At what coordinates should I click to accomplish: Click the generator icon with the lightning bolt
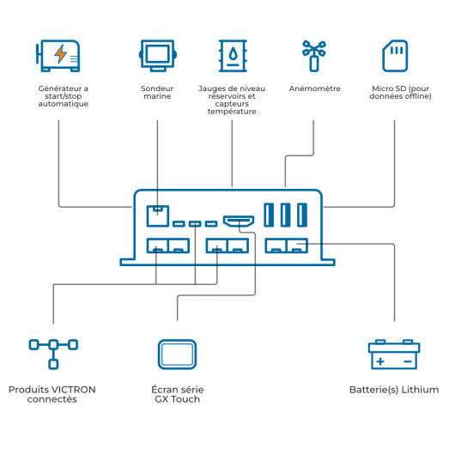coord(58,56)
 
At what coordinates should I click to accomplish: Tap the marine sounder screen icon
coord(158,56)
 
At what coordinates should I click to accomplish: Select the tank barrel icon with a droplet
coord(233,56)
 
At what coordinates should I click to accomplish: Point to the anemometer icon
coord(314,56)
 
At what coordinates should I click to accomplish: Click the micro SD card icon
coord(395,56)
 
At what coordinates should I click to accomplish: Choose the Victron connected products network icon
coord(53,354)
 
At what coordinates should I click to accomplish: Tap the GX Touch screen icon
coord(178,355)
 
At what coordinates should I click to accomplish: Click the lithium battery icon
coord(394,355)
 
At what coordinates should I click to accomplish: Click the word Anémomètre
coord(314,88)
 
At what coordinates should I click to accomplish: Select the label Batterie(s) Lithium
coord(394,390)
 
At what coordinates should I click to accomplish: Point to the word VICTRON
coord(75,390)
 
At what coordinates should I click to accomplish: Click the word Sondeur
coord(157,88)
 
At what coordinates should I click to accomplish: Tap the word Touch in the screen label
coord(185,399)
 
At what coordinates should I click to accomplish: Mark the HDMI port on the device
coord(239,221)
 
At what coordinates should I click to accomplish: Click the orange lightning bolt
coord(61,54)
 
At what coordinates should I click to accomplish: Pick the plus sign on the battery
coord(380,361)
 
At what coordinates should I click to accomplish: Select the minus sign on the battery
coord(408,361)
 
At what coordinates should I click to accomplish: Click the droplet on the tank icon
coord(233,54)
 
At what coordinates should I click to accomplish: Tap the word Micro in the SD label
coord(380,88)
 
